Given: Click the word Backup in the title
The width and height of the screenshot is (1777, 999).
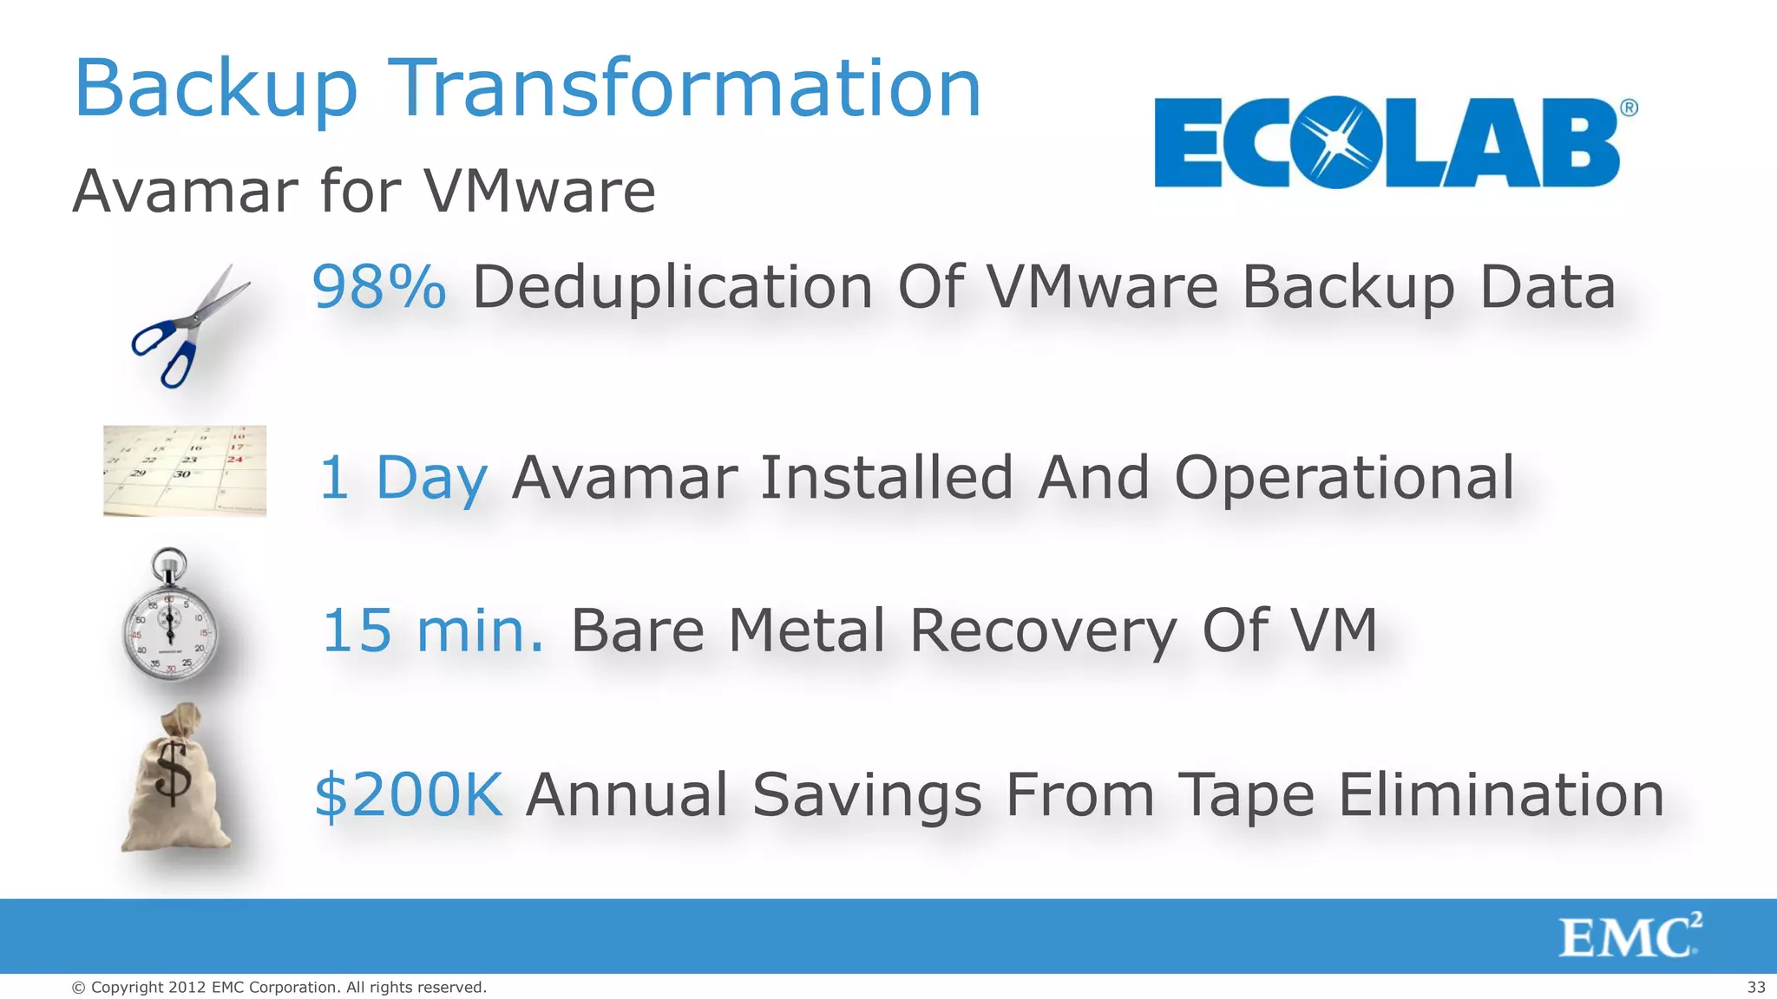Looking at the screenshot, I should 215,88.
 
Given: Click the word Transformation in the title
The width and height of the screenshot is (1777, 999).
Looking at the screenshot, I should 687,88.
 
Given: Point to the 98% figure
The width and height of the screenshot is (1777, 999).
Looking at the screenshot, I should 379,287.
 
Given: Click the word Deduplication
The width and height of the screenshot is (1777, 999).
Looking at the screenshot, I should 672,287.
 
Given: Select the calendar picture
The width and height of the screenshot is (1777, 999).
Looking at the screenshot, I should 185,471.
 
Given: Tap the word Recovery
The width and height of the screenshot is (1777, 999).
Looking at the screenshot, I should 1044,630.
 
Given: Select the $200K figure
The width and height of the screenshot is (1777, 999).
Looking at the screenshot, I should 409,794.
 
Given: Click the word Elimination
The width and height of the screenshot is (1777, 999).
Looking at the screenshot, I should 1501,794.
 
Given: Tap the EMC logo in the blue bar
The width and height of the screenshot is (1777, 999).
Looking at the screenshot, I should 1629,937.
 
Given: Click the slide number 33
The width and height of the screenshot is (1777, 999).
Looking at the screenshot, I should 1755,987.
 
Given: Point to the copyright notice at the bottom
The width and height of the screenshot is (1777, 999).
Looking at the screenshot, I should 279,987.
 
